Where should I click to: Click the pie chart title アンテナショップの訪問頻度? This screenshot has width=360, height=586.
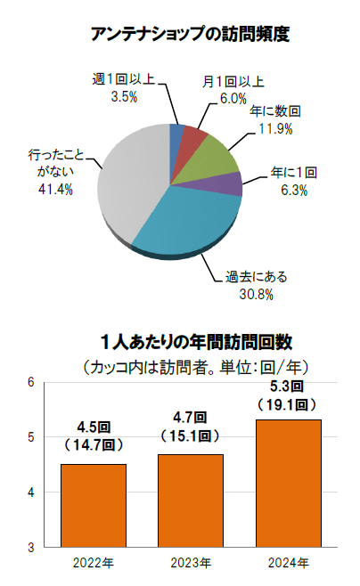(191, 35)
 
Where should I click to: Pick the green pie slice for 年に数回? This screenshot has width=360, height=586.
(213, 157)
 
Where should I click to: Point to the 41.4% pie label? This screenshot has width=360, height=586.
(56, 190)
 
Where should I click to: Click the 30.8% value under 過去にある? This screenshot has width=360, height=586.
(257, 295)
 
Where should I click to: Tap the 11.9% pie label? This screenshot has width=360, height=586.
(276, 129)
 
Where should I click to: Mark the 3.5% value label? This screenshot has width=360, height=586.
(124, 97)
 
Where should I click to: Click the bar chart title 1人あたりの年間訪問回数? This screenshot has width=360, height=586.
(196, 342)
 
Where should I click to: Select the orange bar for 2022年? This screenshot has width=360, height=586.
(94, 506)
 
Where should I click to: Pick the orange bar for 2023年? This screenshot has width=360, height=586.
(191, 501)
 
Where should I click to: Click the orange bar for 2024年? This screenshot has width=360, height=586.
(288, 484)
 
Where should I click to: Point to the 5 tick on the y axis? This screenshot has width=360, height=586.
(31, 437)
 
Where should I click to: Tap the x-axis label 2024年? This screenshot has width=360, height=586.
(288, 563)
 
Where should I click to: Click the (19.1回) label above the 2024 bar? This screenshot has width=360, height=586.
(287, 404)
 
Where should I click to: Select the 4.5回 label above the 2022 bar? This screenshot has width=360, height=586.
(94, 427)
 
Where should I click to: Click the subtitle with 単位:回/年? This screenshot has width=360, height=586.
(196, 368)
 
